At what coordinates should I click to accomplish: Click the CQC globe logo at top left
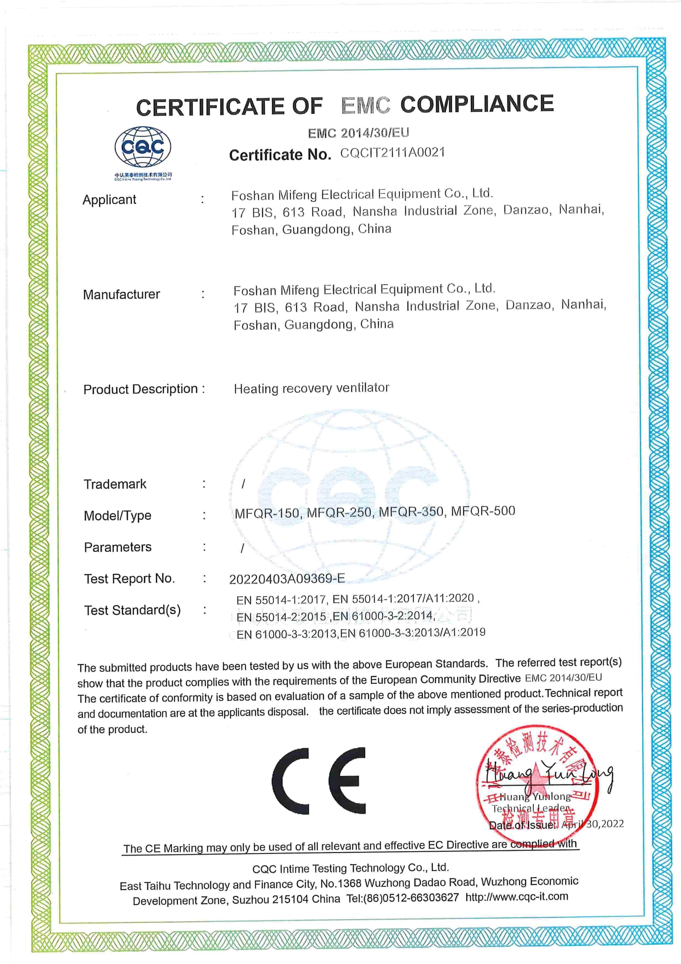click(143, 148)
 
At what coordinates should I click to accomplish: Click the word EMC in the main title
click(365, 105)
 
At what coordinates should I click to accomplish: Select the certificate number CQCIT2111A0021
click(392, 153)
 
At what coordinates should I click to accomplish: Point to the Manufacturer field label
click(121, 294)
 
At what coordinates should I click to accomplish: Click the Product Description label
click(141, 389)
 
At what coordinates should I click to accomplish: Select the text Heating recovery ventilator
click(311, 388)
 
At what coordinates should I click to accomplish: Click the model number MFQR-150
click(267, 513)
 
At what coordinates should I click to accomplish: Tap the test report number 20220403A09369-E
click(287, 579)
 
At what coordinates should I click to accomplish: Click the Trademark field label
click(115, 484)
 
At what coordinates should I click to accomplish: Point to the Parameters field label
click(118, 547)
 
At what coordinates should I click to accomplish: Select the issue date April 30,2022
click(593, 824)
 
